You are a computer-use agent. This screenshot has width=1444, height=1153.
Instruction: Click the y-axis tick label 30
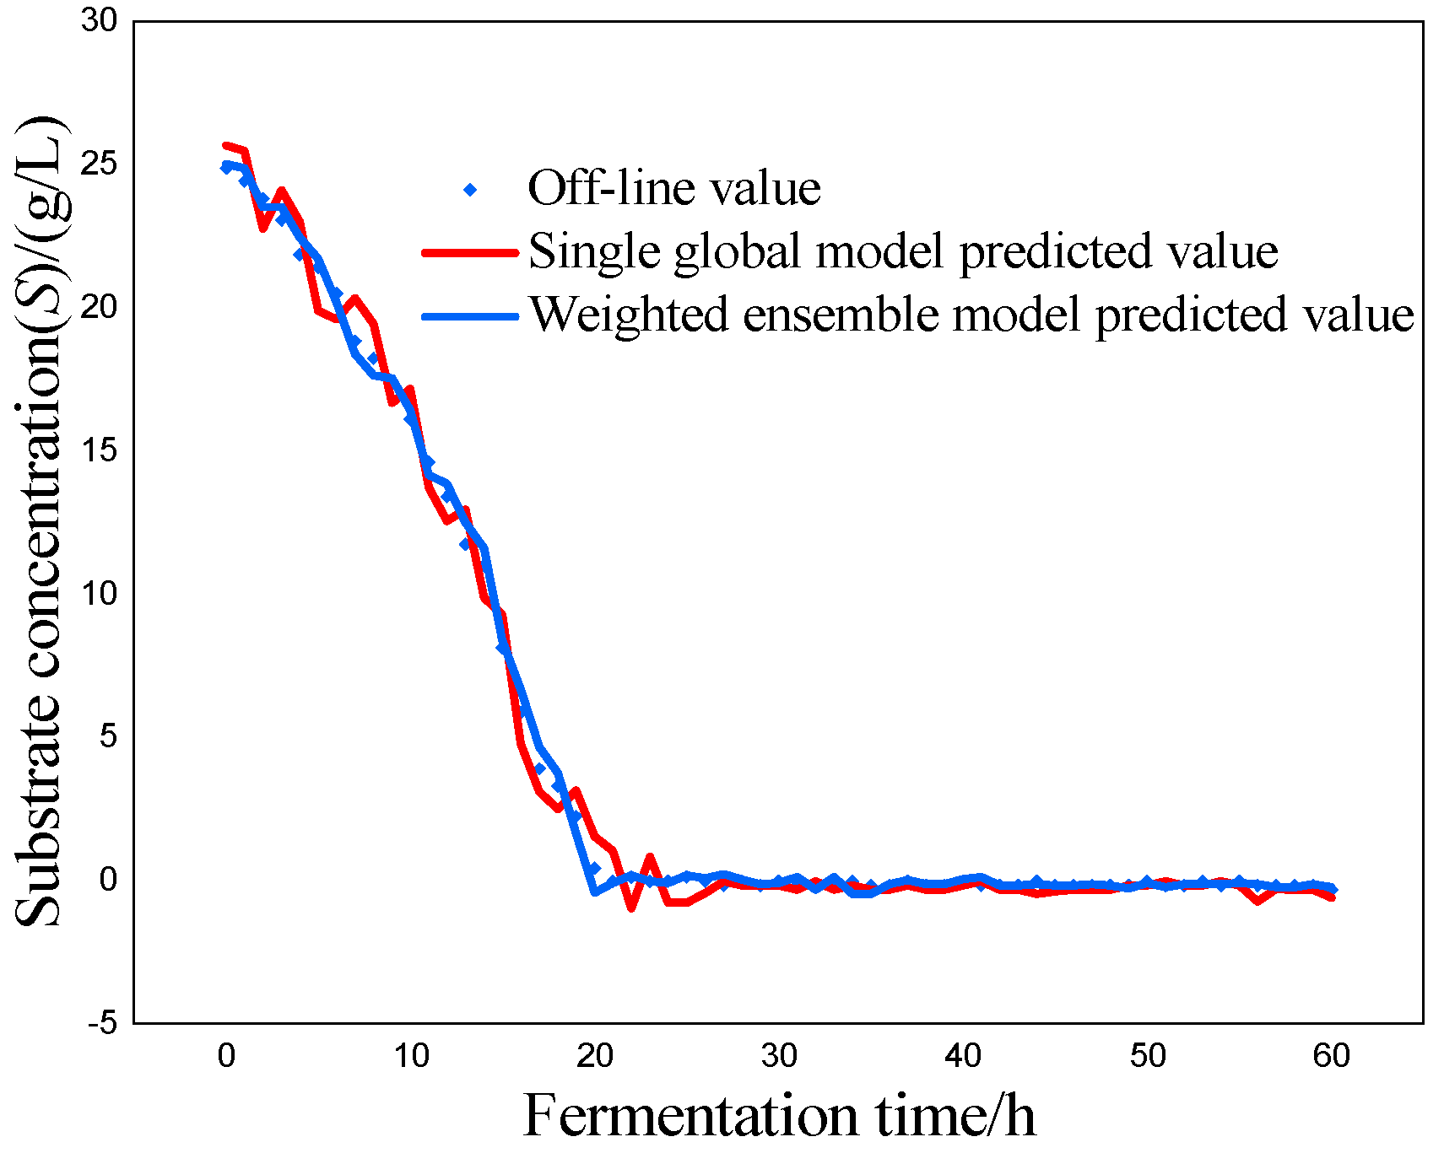click(x=99, y=21)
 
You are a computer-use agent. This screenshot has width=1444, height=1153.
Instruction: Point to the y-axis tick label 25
click(x=99, y=164)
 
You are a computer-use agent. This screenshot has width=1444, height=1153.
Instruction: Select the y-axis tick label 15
click(x=99, y=450)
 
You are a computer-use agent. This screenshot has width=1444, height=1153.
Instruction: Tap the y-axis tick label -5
click(x=102, y=1023)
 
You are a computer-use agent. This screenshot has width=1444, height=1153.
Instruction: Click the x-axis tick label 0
click(x=225, y=1056)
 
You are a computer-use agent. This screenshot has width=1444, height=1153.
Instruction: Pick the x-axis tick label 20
click(x=594, y=1056)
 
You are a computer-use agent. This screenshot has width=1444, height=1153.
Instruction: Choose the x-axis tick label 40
click(x=963, y=1056)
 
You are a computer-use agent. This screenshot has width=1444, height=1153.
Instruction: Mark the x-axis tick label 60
click(x=1331, y=1056)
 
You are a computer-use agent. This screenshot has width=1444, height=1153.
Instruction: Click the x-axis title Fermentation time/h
click(x=778, y=1116)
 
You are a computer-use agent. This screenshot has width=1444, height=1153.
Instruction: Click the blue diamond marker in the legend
click(x=470, y=190)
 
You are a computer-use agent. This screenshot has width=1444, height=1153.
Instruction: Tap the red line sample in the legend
click(x=469, y=251)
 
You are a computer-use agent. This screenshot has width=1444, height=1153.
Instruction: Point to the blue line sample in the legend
click(x=469, y=316)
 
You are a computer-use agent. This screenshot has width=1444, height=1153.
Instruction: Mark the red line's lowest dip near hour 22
click(x=631, y=908)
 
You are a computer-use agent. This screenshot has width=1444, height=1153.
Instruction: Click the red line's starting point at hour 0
click(x=225, y=147)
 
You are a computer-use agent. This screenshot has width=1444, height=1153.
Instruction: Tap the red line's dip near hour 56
click(x=1257, y=901)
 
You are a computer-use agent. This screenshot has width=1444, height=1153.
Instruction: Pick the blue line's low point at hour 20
click(x=595, y=891)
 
